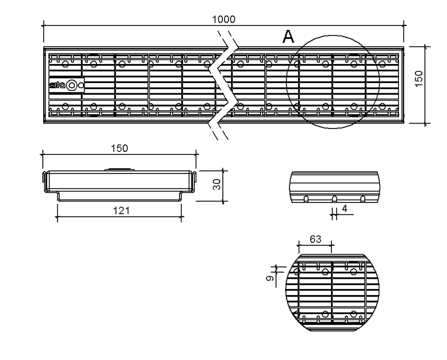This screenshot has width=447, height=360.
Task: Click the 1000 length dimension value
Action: click(x=224, y=19)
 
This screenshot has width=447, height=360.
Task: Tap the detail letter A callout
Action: click(x=289, y=36)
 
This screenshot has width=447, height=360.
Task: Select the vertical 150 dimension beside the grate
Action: click(x=419, y=79)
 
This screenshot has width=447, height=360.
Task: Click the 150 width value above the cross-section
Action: click(x=120, y=149)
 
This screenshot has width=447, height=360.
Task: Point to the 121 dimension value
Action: click(x=121, y=211)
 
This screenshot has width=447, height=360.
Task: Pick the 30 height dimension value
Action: click(x=217, y=184)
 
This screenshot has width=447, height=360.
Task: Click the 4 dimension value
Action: click(x=345, y=208)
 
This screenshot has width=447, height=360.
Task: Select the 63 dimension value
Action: click(x=316, y=239)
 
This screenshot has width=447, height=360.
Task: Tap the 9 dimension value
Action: click(x=270, y=278)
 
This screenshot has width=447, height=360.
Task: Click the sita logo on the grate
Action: click(x=57, y=85)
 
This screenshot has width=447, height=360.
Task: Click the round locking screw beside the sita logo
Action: click(x=72, y=85)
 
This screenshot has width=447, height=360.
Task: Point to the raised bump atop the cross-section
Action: click(x=119, y=170)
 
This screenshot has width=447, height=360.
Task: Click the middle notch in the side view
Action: click(x=334, y=199)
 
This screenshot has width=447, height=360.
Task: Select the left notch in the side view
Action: click(x=306, y=199)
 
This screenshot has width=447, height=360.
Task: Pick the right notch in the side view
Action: click(x=363, y=199)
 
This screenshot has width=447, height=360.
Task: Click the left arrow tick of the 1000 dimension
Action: click(x=44, y=26)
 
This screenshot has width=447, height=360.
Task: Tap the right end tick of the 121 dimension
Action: click(x=181, y=217)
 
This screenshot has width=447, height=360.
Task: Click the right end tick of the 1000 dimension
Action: click(x=404, y=26)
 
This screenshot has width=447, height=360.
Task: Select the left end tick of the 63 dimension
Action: click(x=299, y=245)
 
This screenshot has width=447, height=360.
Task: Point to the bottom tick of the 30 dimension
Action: click(x=223, y=201)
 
